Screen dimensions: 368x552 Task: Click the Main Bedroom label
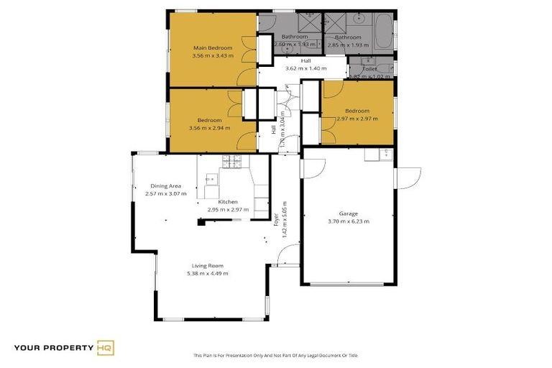point(212,47)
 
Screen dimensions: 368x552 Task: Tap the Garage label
point(348,213)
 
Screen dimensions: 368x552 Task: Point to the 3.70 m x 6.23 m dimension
point(348,221)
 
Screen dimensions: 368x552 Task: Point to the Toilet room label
point(369,69)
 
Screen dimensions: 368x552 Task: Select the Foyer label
point(276,219)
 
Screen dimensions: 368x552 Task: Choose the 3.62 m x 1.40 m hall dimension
point(305,68)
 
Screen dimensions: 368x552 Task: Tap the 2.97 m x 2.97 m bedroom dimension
point(356,119)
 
